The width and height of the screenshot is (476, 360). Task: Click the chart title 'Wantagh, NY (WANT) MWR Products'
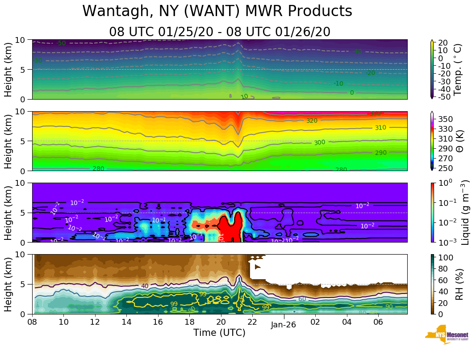[217, 11]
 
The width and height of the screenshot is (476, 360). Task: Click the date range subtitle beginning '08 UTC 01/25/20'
[219, 32]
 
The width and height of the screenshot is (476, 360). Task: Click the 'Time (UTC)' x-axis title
[219, 333]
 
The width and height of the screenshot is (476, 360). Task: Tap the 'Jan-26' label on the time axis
[284, 325]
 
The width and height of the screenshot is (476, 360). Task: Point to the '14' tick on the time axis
[126, 322]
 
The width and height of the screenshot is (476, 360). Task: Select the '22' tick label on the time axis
[252, 322]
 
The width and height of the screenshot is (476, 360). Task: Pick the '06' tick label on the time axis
[378, 322]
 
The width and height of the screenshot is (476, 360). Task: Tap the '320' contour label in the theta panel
[312, 121]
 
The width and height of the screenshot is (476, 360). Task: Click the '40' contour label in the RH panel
[145, 286]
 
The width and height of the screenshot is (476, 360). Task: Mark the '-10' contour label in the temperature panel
[338, 84]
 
